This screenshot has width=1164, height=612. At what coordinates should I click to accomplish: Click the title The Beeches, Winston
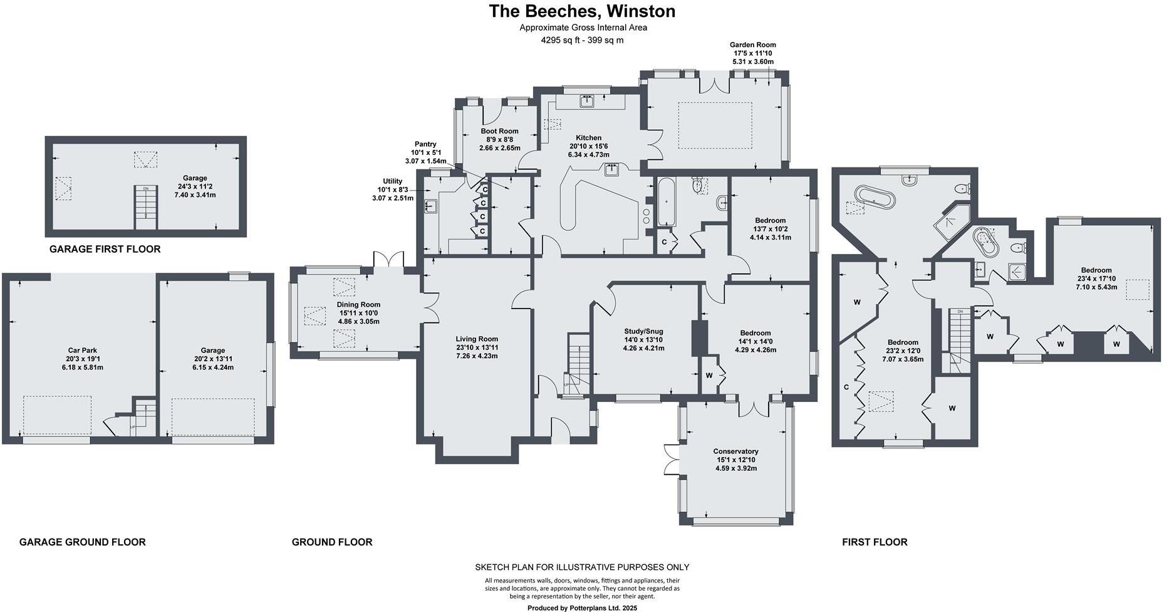(x=582, y=11)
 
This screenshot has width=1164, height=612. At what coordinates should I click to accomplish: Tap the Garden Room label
(x=752, y=45)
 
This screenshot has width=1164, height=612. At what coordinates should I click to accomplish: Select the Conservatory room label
(x=735, y=451)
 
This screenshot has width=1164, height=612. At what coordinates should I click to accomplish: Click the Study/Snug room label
(x=643, y=331)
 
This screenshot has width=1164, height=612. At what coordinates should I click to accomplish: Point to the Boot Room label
(x=499, y=131)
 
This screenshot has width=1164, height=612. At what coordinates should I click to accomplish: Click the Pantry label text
(x=425, y=144)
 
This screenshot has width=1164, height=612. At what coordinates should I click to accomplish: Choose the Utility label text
(x=393, y=181)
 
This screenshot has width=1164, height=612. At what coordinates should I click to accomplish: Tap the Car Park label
(x=83, y=351)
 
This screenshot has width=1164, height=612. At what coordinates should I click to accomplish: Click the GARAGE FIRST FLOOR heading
(x=105, y=249)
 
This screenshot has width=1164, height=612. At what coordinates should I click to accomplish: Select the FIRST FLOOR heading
(x=874, y=542)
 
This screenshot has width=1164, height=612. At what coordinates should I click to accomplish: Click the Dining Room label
(x=358, y=305)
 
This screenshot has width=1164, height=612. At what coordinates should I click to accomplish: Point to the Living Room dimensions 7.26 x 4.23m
(x=477, y=356)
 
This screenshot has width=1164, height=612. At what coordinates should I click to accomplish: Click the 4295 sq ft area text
(x=582, y=40)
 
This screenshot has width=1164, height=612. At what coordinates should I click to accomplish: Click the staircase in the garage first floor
(x=146, y=207)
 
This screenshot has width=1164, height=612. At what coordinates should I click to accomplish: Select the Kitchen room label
(x=588, y=138)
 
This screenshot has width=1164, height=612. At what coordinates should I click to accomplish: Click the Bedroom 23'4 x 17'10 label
(x=1094, y=270)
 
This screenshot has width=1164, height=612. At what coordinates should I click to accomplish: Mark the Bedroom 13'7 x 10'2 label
(x=770, y=220)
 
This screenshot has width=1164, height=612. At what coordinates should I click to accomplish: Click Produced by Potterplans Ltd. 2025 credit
(x=582, y=608)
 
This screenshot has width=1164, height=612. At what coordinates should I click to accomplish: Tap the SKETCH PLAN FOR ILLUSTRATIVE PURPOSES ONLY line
(x=582, y=567)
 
